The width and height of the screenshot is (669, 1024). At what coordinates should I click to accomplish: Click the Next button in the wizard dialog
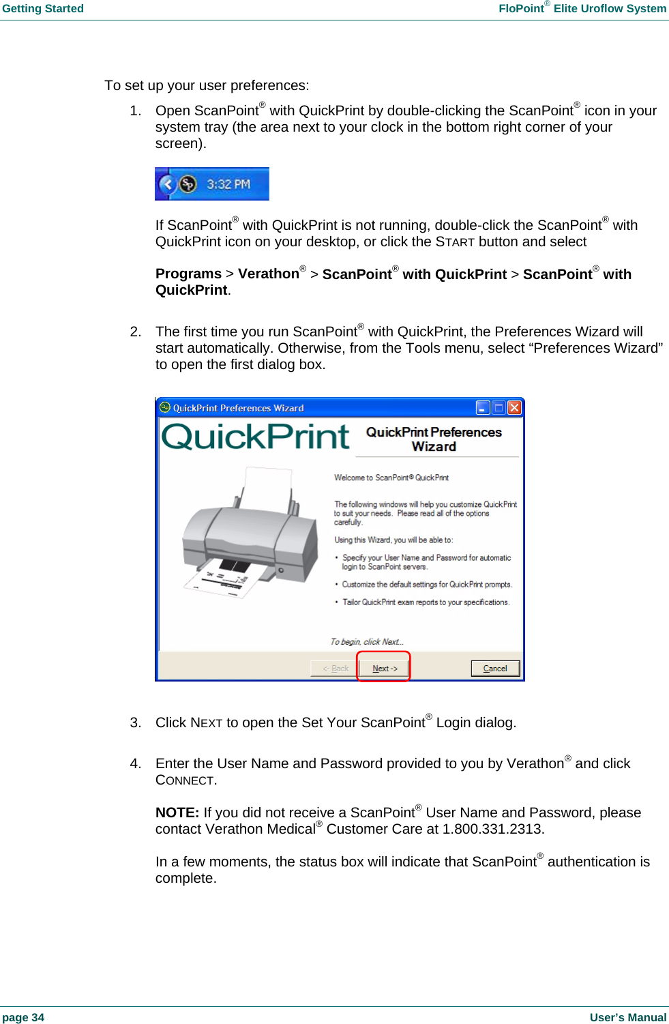[384, 668]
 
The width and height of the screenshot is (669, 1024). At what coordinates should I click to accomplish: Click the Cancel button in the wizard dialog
[495, 668]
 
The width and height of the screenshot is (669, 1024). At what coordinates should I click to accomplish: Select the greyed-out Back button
[334, 668]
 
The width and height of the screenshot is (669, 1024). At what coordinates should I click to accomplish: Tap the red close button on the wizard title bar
[514, 407]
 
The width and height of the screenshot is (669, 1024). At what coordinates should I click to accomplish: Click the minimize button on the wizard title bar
[483, 407]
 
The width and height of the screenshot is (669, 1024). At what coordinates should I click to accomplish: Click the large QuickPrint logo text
[255, 437]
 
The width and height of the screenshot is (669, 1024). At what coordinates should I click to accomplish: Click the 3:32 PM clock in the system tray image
[228, 184]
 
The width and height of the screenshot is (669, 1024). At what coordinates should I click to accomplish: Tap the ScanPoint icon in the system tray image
[188, 184]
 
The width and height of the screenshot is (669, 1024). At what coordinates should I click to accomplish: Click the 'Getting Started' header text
[43, 9]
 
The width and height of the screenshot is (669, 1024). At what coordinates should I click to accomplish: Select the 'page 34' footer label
[23, 1017]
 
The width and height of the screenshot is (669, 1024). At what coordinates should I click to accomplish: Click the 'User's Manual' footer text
[627, 1017]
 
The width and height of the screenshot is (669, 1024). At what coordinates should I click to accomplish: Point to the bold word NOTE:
[177, 813]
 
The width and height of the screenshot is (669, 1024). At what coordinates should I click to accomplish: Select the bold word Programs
[188, 274]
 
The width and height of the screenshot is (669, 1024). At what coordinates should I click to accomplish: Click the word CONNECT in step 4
[185, 780]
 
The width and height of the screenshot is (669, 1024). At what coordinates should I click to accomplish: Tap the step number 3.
[135, 722]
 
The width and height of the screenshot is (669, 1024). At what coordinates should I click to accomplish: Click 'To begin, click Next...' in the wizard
[367, 641]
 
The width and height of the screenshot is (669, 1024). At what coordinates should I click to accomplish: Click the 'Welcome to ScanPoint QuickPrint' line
[391, 478]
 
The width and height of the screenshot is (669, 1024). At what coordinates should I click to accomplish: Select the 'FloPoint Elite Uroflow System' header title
[582, 9]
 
